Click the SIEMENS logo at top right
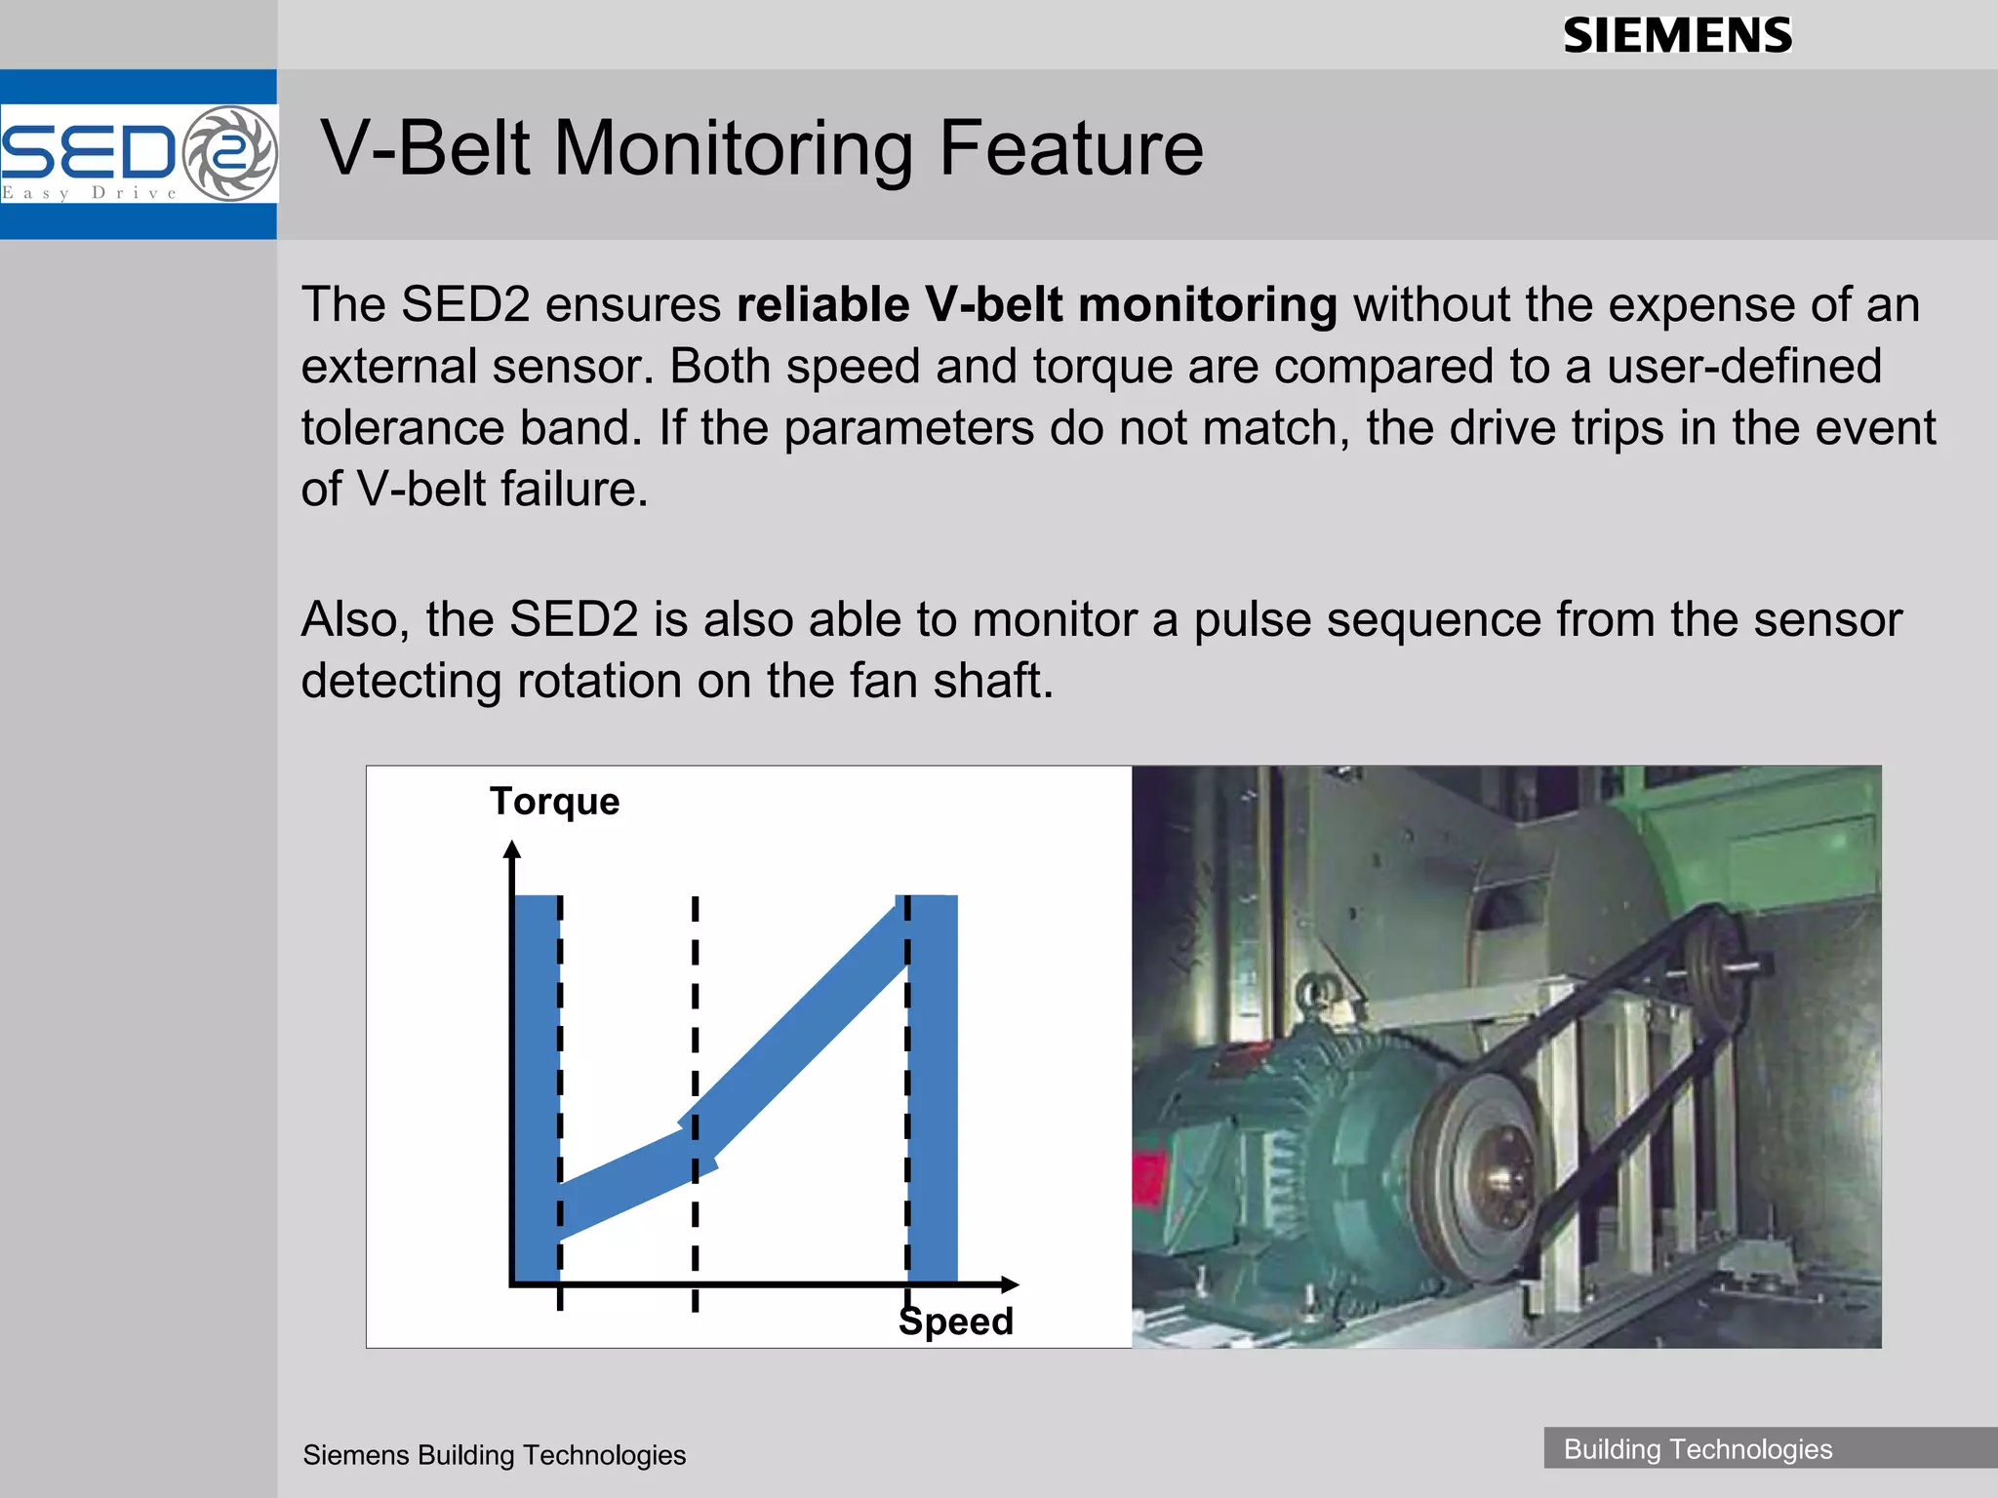tap(1677, 36)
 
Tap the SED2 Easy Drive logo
tap(139, 154)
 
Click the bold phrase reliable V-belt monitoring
tap(1036, 305)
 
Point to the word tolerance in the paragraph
tap(402, 428)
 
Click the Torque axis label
tap(554, 802)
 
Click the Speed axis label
tap(956, 1322)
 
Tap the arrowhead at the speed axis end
tap(1011, 1284)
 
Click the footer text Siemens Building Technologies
tap(494, 1455)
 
